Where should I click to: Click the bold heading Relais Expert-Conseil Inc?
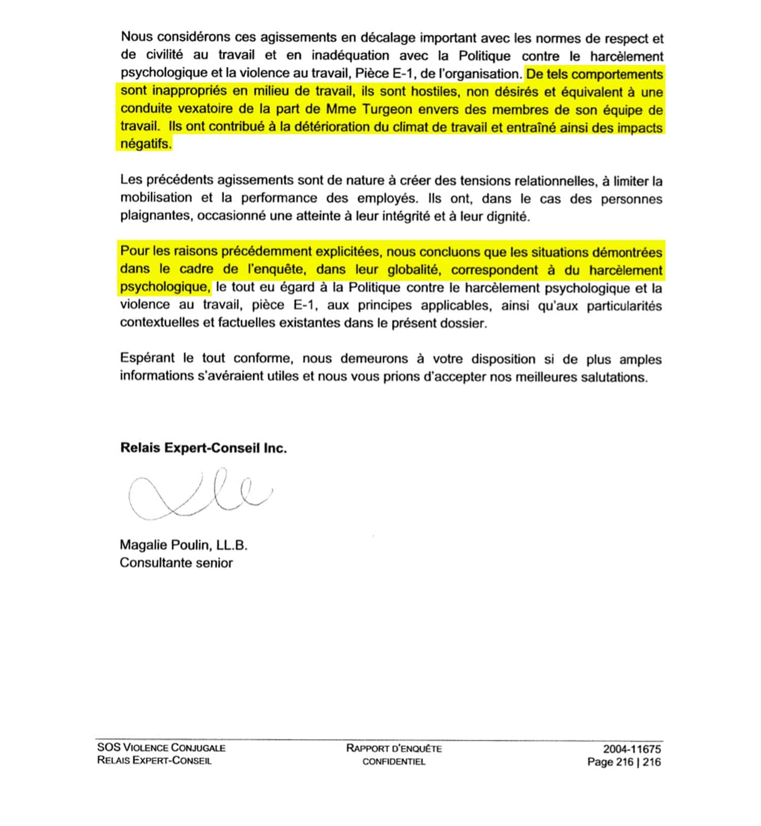(x=203, y=448)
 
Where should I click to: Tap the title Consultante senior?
(x=176, y=563)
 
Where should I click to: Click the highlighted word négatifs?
(x=146, y=144)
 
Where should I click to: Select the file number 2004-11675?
(x=632, y=749)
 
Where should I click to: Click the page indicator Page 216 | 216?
(x=624, y=762)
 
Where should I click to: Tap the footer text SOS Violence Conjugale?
(x=161, y=747)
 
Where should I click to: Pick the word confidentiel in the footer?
(x=394, y=762)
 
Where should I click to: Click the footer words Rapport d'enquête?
(x=394, y=748)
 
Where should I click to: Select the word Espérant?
(x=147, y=359)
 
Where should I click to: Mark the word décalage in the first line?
(x=388, y=38)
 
